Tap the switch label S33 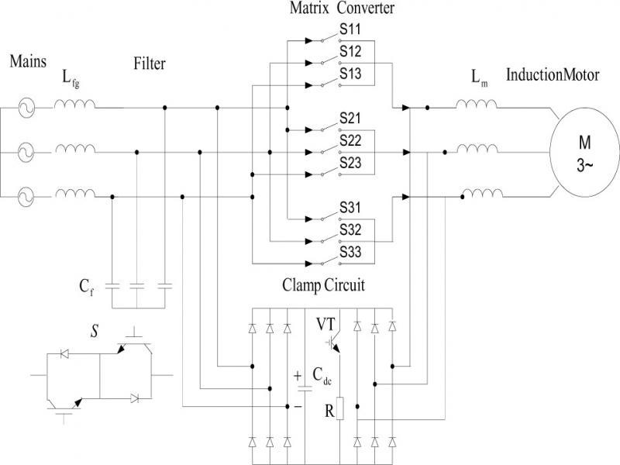[x=350, y=253]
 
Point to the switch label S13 [x=350, y=74]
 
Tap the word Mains [x=28, y=62]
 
